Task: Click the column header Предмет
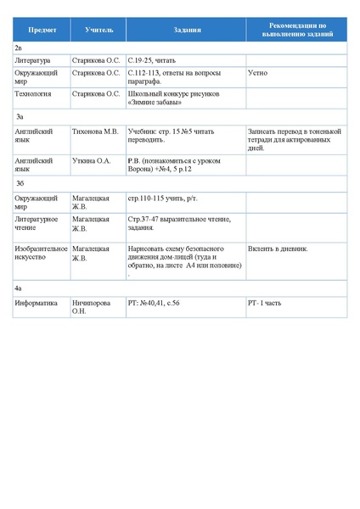pos(42,31)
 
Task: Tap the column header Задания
pos(186,31)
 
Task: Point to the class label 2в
pos(19,49)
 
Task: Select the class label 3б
pos(20,182)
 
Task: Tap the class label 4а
pos(19,289)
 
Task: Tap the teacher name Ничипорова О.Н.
pos(94,305)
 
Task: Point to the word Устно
pos(257,73)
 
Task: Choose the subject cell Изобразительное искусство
pos(41,253)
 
